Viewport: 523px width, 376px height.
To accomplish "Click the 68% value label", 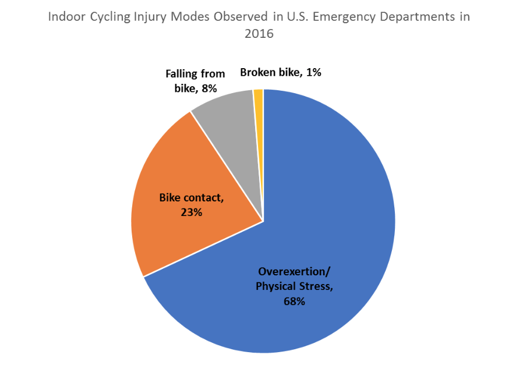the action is (x=294, y=301).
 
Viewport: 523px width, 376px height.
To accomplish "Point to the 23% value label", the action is (x=192, y=212).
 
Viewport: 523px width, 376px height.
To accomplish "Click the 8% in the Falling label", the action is (x=210, y=88).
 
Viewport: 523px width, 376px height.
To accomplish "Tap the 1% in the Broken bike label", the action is (x=313, y=72).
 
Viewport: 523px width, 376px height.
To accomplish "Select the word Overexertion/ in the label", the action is (x=294, y=272).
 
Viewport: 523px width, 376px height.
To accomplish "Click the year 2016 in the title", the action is (x=259, y=34).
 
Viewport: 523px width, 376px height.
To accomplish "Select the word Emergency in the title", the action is (x=344, y=17).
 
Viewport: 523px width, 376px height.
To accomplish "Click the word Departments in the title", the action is (x=417, y=17).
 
